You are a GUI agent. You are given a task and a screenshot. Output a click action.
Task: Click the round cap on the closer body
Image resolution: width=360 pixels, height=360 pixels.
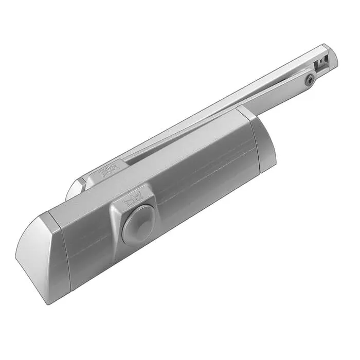tap(138, 224)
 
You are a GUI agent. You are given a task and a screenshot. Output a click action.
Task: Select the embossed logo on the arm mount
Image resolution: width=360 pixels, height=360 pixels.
tap(109, 169)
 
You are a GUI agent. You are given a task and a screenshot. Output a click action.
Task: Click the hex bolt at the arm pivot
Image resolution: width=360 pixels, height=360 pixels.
tap(310, 80)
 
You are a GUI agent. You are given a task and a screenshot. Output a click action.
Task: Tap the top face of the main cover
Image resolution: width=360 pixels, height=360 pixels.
tap(170, 165)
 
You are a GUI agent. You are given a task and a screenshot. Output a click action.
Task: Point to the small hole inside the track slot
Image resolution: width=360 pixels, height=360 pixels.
tap(321, 61)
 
